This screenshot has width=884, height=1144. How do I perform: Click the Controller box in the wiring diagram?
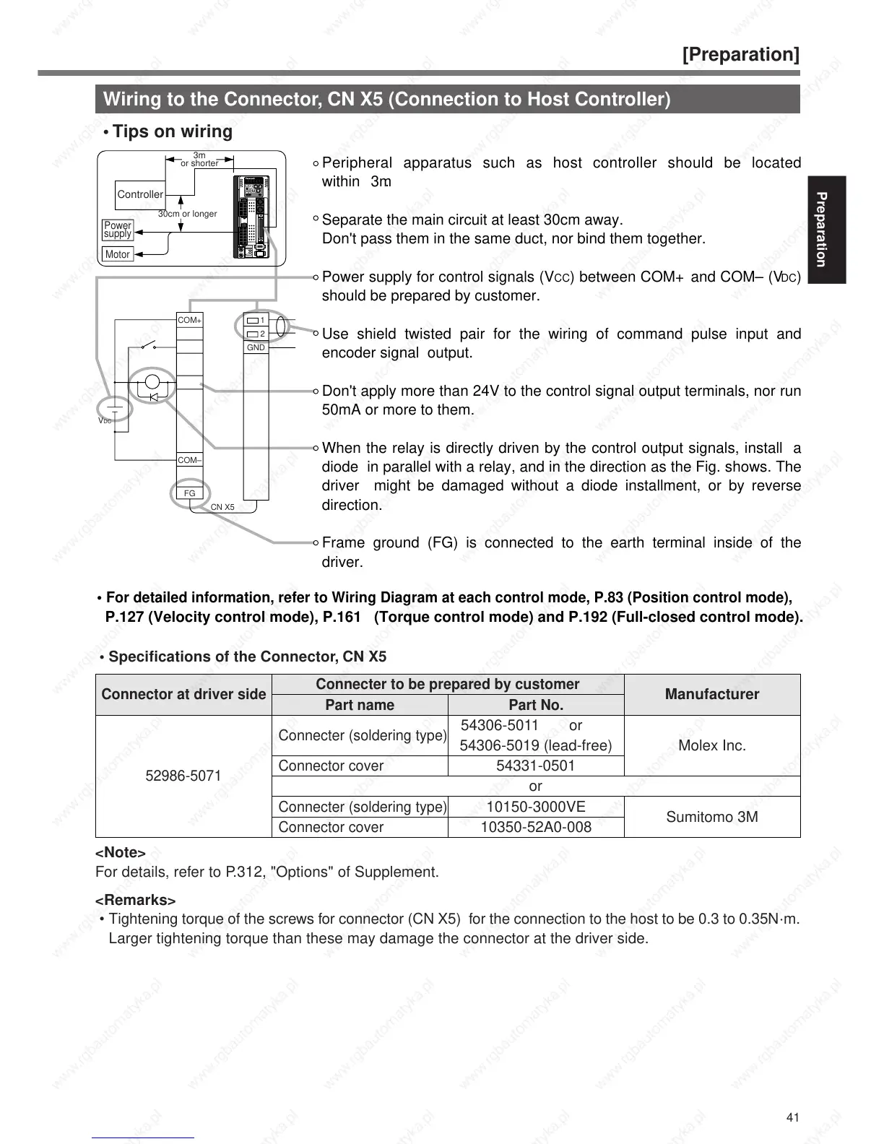[x=140, y=194]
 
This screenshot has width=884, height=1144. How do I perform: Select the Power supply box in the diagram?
[x=118, y=230]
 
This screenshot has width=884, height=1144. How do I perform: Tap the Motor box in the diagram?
[x=117, y=254]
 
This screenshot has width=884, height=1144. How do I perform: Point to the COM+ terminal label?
[x=190, y=320]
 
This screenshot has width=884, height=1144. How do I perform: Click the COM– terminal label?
[x=190, y=460]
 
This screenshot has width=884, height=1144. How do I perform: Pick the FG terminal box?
[x=190, y=493]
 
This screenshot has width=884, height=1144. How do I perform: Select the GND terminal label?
[x=256, y=347]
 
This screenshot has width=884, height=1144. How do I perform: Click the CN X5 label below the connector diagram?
[x=222, y=507]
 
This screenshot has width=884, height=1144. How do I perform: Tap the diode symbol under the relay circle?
[x=152, y=396]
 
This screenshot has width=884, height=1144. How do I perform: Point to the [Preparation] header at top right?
[x=741, y=55]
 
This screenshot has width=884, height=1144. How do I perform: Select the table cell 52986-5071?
[x=183, y=776]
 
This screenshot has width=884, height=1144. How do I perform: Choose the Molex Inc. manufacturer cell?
[x=712, y=745]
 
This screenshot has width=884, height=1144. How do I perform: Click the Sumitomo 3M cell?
[x=712, y=817]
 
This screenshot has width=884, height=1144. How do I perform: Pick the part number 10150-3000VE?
[x=536, y=807]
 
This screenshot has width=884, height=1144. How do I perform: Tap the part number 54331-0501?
[x=536, y=766]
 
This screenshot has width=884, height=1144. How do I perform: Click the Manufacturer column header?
[x=712, y=694]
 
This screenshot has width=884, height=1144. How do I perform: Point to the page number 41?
[x=792, y=1118]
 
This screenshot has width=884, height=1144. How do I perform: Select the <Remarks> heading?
[x=136, y=900]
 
